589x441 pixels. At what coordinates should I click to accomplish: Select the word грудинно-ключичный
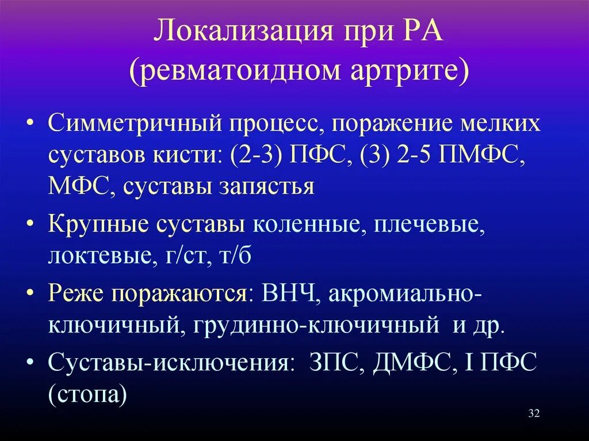320,325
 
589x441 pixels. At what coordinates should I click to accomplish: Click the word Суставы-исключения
167,364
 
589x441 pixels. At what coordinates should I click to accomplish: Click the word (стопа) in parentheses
87,395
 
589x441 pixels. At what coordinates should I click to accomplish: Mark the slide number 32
533,415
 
